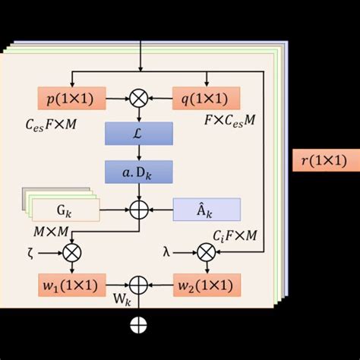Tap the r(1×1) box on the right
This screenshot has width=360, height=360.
coord(323,160)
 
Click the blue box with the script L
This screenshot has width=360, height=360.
coord(138,134)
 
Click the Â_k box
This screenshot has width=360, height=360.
coord(207,209)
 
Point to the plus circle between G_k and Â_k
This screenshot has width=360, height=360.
coord(138,209)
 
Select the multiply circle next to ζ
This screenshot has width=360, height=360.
coord(71,251)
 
